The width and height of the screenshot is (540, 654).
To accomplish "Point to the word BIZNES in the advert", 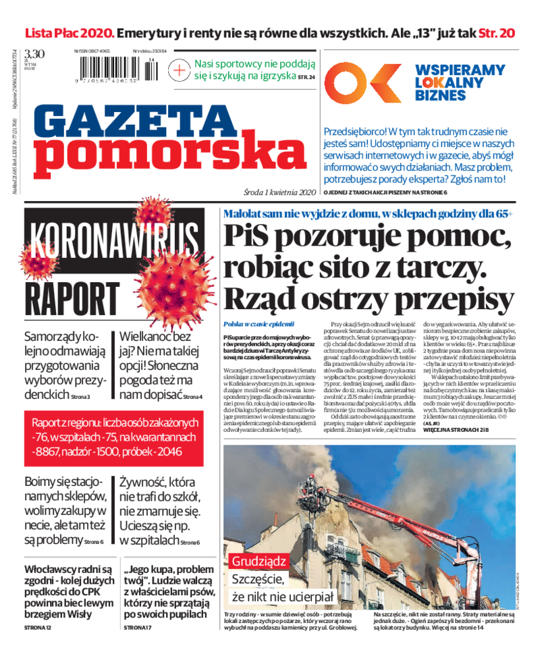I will coord(439,96).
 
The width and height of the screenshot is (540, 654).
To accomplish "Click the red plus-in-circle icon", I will coord(180,70).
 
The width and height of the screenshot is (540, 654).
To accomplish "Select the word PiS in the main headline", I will coord(252,237).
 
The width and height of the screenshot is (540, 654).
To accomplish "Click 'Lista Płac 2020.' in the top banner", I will coord(70,32).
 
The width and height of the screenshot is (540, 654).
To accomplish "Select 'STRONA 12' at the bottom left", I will coord(38,628).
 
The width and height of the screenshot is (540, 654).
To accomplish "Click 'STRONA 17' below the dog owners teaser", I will coord(138,628).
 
